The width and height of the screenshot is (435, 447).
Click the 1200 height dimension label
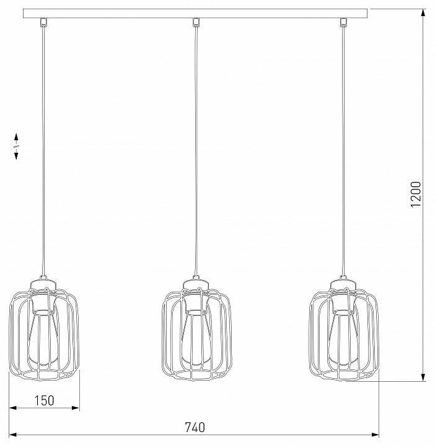[x=415, y=194]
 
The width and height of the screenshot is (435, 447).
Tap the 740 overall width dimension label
[x=195, y=427]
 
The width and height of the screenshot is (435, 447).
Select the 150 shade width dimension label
[x=43, y=400]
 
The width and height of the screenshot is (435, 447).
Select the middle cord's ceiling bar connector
[x=196, y=23]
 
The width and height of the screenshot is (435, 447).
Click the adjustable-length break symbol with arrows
[x=17, y=146]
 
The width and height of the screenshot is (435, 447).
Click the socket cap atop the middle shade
[x=195, y=287]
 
